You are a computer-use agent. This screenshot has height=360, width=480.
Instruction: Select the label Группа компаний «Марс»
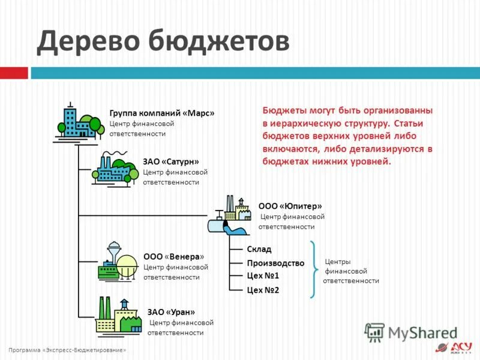click(x=161, y=113)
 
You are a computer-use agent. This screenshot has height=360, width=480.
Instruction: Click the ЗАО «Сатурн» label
click(x=171, y=161)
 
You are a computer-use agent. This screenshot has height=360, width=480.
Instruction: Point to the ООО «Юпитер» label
click(x=286, y=205)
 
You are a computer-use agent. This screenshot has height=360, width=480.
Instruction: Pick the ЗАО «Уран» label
click(x=171, y=311)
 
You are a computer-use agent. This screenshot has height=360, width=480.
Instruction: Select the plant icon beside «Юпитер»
click(x=229, y=217)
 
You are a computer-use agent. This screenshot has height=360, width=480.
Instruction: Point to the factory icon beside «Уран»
click(x=118, y=316)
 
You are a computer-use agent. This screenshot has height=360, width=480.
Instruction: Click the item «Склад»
click(x=259, y=249)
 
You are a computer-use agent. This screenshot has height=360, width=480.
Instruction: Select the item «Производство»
click(x=275, y=263)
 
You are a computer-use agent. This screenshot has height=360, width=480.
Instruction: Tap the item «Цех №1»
click(x=263, y=276)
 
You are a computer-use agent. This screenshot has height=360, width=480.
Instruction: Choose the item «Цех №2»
click(x=263, y=290)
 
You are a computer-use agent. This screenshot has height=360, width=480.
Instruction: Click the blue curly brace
click(x=314, y=269)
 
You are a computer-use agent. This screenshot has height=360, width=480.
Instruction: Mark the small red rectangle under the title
click(x=14, y=73)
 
